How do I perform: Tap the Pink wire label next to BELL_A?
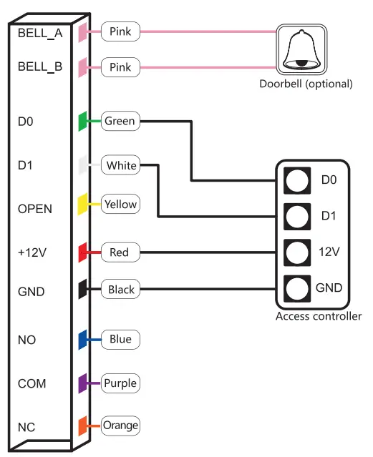click(120, 31)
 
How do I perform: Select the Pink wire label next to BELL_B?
click(120, 68)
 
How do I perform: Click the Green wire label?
click(120, 121)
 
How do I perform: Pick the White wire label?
click(121, 166)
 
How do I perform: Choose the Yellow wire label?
click(120, 205)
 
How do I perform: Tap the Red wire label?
click(120, 252)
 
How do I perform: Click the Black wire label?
click(121, 290)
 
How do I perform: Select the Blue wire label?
click(120, 339)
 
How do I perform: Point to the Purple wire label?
click(120, 383)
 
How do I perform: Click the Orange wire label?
click(120, 426)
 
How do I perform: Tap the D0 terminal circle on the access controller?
click(296, 180)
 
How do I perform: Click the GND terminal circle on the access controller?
click(296, 288)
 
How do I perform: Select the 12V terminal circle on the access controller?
click(296, 252)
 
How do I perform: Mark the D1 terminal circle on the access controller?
click(296, 215)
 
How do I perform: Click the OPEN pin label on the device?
click(35, 209)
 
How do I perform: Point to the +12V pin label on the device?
click(32, 252)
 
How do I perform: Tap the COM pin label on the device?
click(32, 384)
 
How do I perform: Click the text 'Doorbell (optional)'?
click(306, 84)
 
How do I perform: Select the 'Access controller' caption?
click(319, 316)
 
